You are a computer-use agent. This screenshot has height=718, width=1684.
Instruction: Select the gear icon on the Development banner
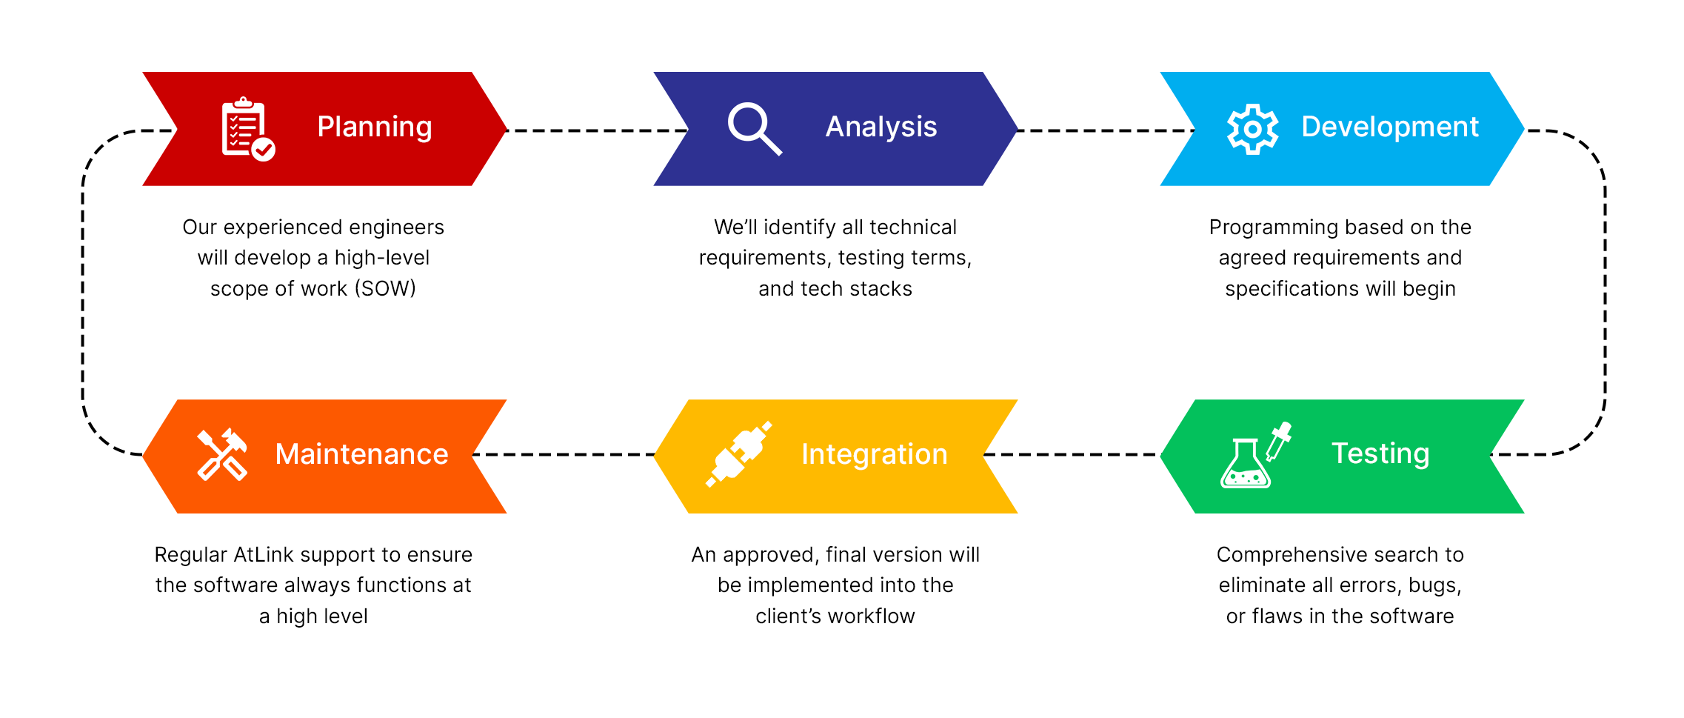pyautogui.click(x=1252, y=129)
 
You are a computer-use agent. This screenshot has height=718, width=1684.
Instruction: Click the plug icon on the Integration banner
pyautogui.click(x=738, y=454)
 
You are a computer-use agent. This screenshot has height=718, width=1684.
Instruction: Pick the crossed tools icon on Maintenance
pyautogui.click(x=221, y=454)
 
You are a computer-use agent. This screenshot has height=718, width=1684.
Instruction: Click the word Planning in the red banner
pyautogui.click(x=374, y=127)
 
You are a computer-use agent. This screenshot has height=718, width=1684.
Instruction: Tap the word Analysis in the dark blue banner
pyautogui.click(x=881, y=127)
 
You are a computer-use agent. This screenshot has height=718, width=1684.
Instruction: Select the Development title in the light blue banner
pyautogui.click(x=1389, y=127)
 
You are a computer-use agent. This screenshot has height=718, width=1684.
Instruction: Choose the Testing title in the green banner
pyautogui.click(x=1380, y=453)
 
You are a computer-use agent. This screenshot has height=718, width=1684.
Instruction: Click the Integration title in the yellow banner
pyautogui.click(x=874, y=454)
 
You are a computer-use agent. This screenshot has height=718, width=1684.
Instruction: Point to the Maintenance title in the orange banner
pyautogui.click(x=361, y=454)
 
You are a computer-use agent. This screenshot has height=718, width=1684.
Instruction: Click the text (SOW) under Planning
pyautogui.click(x=385, y=289)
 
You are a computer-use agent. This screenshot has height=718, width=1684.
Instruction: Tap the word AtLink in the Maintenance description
pyautogui.click(x=264, y=555)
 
